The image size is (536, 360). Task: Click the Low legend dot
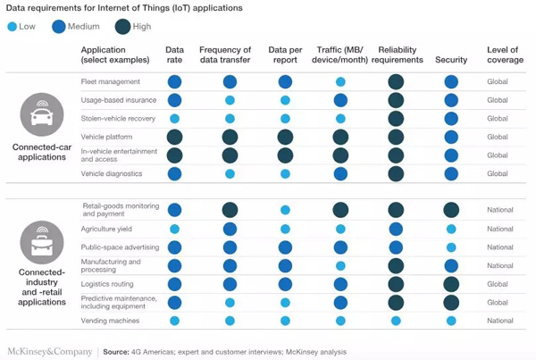(11, 27)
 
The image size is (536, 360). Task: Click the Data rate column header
(175, 54)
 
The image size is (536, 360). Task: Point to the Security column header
(451, 60)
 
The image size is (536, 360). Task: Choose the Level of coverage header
(500, 54)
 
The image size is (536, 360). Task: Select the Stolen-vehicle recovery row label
(118, 118)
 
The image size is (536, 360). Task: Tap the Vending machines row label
(112, 321)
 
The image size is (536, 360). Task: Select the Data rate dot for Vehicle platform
(175, 137)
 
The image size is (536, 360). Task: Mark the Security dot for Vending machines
(451, 321)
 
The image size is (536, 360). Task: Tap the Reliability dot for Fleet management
(396, 82)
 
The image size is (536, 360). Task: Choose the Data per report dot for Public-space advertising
(285, 247)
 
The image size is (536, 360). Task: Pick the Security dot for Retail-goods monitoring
(451, 210)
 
